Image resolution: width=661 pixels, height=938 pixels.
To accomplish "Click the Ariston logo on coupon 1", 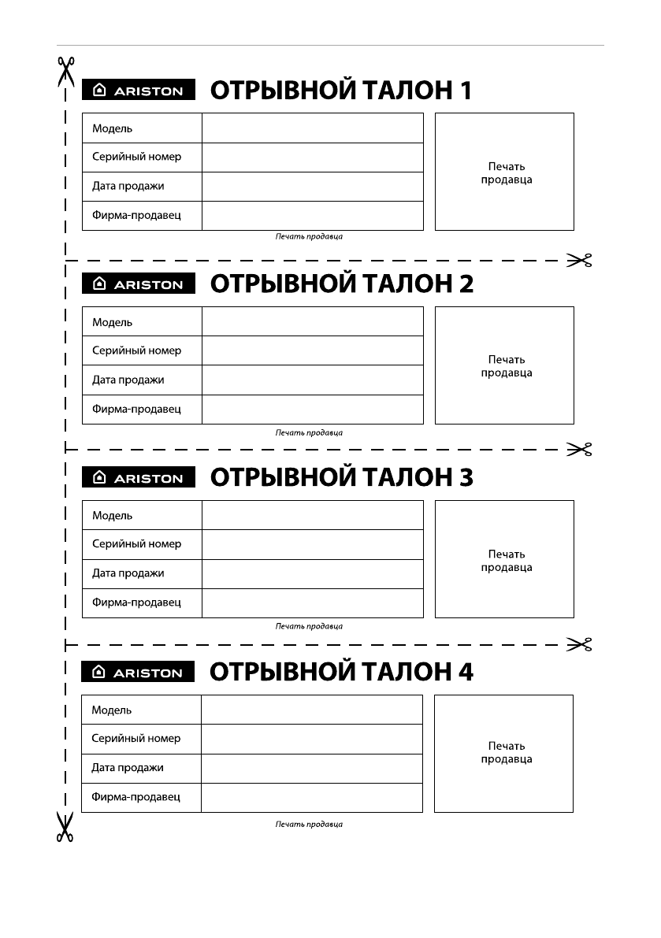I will pyautogui.click(x=138, y=91).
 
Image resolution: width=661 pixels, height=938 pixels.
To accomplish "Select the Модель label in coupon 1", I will pyautogui.click(x=113, y=128).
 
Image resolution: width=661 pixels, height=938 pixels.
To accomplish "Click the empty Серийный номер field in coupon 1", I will pyautogui.click(x=312, y=158).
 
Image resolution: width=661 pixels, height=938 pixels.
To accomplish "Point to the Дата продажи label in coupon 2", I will pyautogui.click(x=128, y=380).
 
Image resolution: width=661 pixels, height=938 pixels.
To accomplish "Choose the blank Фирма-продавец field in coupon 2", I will pyautogui.click(x=312, y=410).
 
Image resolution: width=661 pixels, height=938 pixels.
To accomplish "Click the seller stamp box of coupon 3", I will pyautogui.click(x=504, y=559).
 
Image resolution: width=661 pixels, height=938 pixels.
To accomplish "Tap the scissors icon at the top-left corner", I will pyautogui.click(x=65, y=71).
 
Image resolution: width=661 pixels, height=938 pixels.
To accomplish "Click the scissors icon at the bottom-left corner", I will pyautogui.click(x=65, y=827).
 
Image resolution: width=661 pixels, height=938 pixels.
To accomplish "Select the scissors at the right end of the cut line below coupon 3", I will pyautogui.click(x=579, y=645).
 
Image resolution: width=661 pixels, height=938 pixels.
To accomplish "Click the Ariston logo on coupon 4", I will pyautogui.click(x=138, y=673).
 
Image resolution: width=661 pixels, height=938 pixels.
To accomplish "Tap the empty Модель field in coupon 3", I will pyautogui.click(x=312, y=515).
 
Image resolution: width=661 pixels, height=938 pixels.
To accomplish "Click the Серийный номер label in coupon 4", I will pyautogui.click(x=136, y=739).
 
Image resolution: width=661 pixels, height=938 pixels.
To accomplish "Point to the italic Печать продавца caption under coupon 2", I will pyautogui.click(x=309, y=432).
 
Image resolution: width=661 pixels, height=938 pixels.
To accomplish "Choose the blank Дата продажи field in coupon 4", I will pyautogui.click(x=312, y=768).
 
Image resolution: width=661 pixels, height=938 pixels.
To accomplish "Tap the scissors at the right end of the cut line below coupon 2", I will pyautogui.click(x=579, y=450).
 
